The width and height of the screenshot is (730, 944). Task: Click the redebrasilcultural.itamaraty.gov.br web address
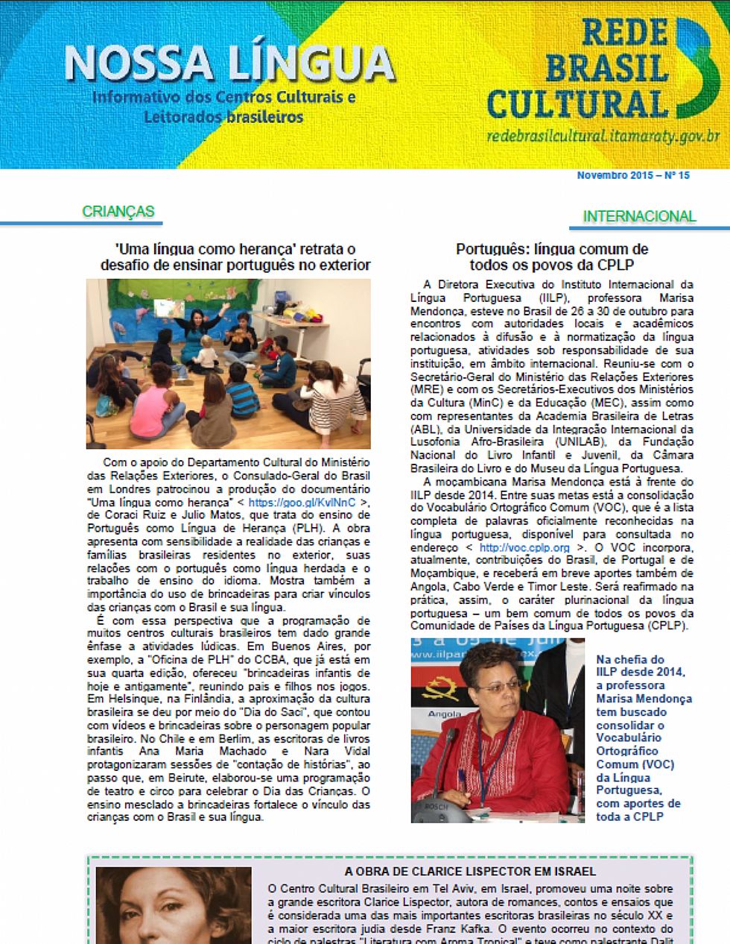pos(603,136)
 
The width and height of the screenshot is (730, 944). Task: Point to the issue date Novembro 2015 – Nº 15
pos(632,176)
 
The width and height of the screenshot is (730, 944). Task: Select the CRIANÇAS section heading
pos(118,212)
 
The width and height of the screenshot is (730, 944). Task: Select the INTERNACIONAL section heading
pos(638,216)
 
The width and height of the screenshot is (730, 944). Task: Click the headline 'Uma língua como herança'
pos(235,257)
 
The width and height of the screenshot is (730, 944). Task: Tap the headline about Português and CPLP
pos(551,257)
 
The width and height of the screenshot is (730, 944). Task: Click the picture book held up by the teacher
pos(165,307)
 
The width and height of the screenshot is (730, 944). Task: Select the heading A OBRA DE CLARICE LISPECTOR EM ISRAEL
pos(470,871)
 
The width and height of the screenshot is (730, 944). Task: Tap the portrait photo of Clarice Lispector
pos(174,905)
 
